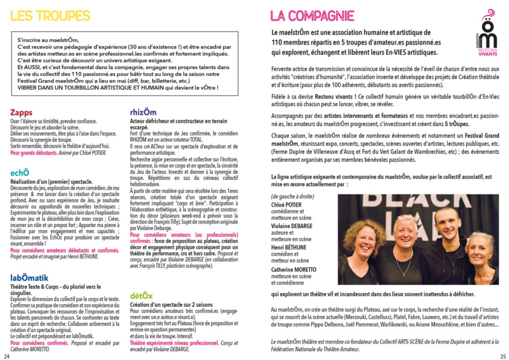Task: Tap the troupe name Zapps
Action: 21,113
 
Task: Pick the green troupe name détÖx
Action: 141,295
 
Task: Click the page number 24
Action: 6,355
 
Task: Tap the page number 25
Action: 503,355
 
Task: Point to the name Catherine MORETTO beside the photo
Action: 293,270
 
